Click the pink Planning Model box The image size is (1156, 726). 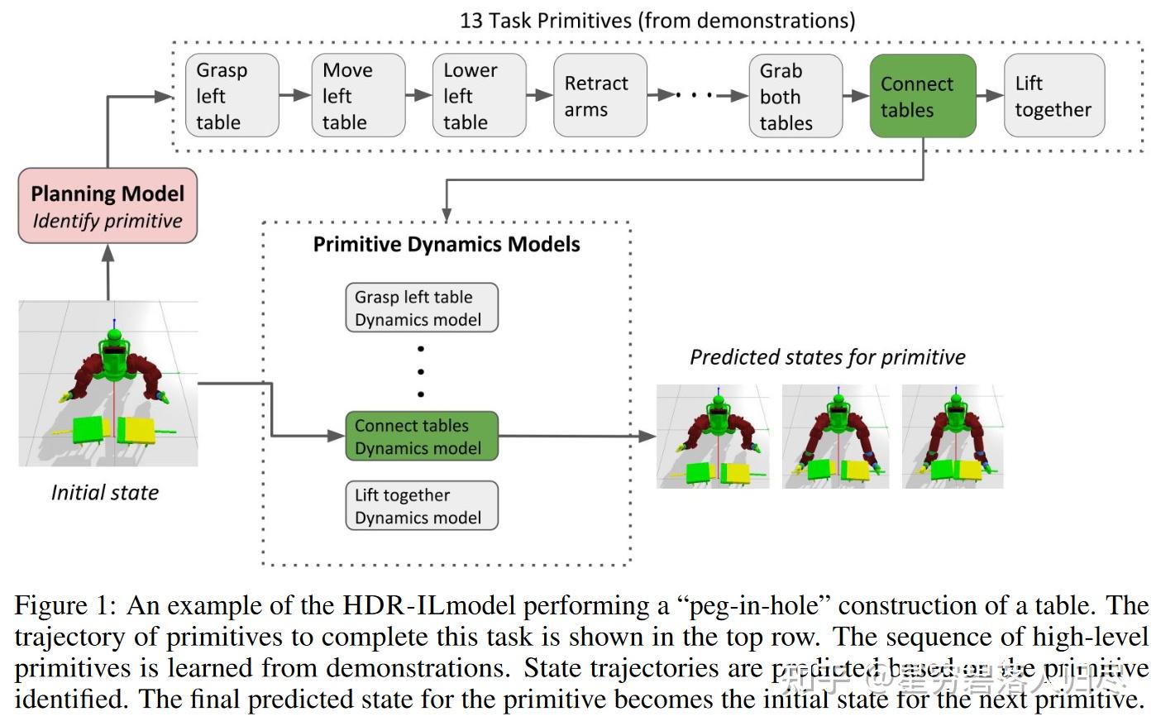107,206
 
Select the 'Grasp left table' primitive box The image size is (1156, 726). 232,96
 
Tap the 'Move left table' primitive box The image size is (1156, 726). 358,96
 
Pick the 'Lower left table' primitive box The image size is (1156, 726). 479,96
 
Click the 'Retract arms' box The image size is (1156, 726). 599,96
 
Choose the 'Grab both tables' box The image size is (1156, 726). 795,96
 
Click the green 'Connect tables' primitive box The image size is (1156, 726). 922,96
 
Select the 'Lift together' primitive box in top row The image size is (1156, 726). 1053,96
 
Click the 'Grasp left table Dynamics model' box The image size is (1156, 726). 421,308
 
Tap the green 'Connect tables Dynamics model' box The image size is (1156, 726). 421,437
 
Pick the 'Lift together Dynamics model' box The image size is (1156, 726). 421,505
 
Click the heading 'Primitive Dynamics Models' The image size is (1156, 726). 447,245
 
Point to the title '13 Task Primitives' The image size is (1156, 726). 657,20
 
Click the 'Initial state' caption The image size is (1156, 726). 105,493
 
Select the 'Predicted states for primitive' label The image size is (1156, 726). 828,357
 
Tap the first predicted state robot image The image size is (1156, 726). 713,437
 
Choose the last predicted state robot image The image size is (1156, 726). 953,437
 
